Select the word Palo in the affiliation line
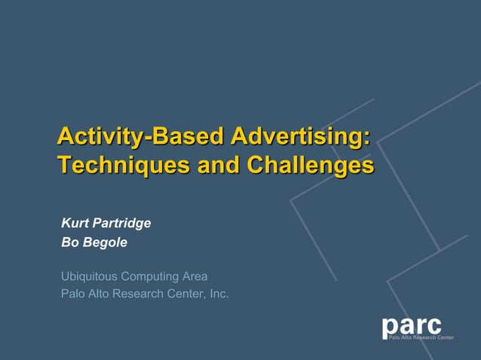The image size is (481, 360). pyautogui.click(x=73, y=294)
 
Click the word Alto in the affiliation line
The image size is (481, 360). pyautogui.click(x=100, y=294)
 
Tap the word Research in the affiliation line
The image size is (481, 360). pyautogui.click(x=140, y=294)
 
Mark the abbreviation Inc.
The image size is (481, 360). pyautogui.click(x=219, y=294)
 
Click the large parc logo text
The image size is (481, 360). pyautogui.click(x=412, y=325)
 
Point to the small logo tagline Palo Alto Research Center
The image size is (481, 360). pyautogui.click(x=421, y=337)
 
